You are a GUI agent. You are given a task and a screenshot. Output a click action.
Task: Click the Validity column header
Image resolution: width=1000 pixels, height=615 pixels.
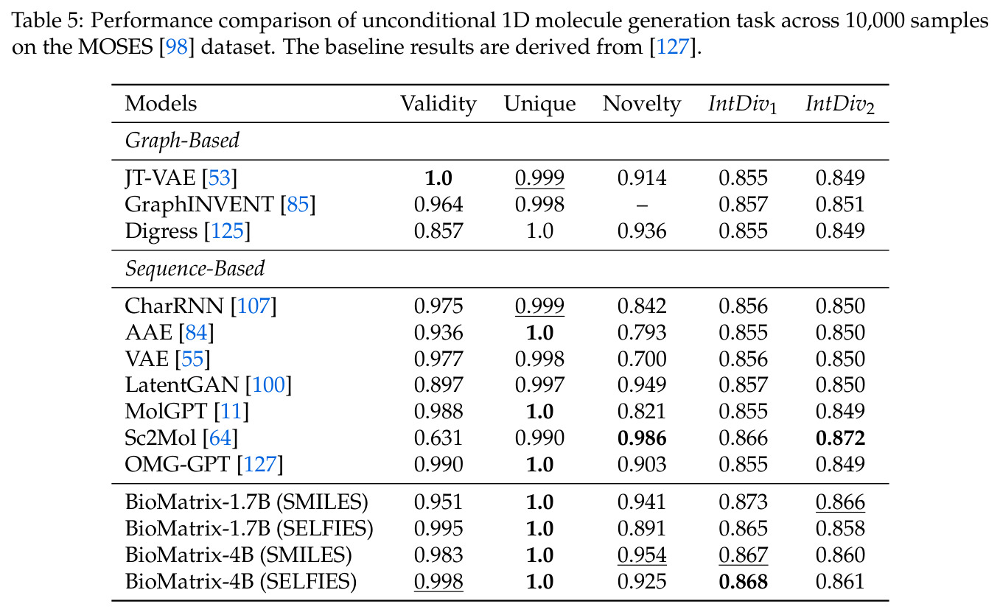(x=438, y=105)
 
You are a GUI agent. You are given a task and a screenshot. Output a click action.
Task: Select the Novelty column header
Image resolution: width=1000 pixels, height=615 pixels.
(x=642, y=105)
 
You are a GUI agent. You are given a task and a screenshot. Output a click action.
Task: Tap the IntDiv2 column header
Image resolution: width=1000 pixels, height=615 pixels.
(x=840, y=105)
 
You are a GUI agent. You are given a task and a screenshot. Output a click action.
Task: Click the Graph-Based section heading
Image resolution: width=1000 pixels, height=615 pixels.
(x=182, y=141)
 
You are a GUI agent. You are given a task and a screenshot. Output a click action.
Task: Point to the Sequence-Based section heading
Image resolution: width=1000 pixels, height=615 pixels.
(x=195, y=269)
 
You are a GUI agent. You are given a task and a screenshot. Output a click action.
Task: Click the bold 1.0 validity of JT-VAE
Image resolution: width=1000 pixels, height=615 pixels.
(x=438, y=178)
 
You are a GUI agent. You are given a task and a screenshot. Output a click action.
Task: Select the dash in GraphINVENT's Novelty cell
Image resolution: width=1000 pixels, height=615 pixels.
(x=642, y=205)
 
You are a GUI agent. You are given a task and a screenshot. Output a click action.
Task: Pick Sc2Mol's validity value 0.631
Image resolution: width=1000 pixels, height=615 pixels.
(x=438, y=437)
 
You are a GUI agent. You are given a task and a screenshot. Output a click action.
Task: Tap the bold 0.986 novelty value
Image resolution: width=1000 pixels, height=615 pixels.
(x=642, y=437)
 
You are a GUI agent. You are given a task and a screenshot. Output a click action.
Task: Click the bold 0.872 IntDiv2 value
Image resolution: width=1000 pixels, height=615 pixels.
(x=840, y=437)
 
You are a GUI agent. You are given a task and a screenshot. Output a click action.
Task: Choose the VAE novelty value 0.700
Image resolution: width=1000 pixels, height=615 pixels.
(x=642, y=359)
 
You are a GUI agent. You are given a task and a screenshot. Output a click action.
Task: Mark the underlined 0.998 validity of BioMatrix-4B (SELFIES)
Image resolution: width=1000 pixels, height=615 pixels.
(x=438, y=582)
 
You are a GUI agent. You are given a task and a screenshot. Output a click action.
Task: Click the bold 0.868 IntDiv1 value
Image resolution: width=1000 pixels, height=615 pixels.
(x=743, y=582)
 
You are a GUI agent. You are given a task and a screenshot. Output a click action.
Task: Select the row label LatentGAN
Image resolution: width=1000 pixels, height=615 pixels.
(x=182, y=384)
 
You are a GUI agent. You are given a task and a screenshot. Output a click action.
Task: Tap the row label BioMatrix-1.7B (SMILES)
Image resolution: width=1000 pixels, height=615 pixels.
(x=246, y=502)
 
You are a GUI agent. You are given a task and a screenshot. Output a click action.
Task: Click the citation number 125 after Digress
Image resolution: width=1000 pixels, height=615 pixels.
(x=227, y=231)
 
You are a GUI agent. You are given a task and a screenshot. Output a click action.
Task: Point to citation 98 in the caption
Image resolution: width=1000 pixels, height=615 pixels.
(x=177, y=47)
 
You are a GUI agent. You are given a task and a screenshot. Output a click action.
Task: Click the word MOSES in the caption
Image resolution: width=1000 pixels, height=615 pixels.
(x=116, y=47)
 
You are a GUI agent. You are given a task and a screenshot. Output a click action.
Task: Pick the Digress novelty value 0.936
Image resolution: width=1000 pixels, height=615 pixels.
(x=642, y=231)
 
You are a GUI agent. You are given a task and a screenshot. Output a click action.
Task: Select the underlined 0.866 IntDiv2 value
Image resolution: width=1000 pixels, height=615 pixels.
(x=840, y=502)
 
